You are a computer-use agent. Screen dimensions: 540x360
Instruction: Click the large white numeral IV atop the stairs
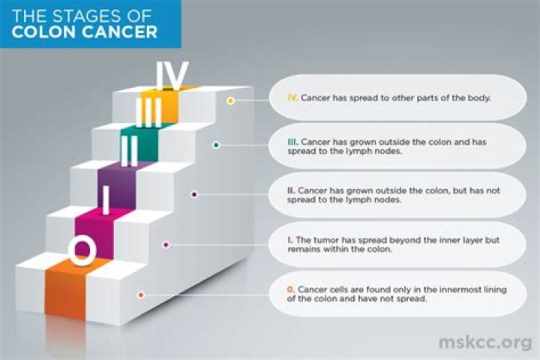172,76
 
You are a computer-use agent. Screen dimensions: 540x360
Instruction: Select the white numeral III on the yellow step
148,112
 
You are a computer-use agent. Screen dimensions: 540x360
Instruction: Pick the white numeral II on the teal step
130,151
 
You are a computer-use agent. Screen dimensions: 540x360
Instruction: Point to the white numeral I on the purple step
106,199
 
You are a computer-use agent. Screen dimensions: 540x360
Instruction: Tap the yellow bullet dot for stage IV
231,100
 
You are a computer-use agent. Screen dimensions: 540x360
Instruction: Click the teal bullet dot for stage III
216,145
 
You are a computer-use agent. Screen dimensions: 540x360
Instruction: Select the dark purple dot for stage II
194,195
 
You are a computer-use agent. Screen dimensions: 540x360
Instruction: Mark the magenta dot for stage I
166,245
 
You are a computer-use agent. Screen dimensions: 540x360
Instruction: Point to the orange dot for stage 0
141,295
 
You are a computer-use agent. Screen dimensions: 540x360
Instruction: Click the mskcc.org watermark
485,343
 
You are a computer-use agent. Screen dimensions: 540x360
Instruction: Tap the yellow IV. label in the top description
292,97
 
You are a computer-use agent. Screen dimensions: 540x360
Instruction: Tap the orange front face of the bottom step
65,293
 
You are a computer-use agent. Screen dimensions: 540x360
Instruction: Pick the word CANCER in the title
120,31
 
